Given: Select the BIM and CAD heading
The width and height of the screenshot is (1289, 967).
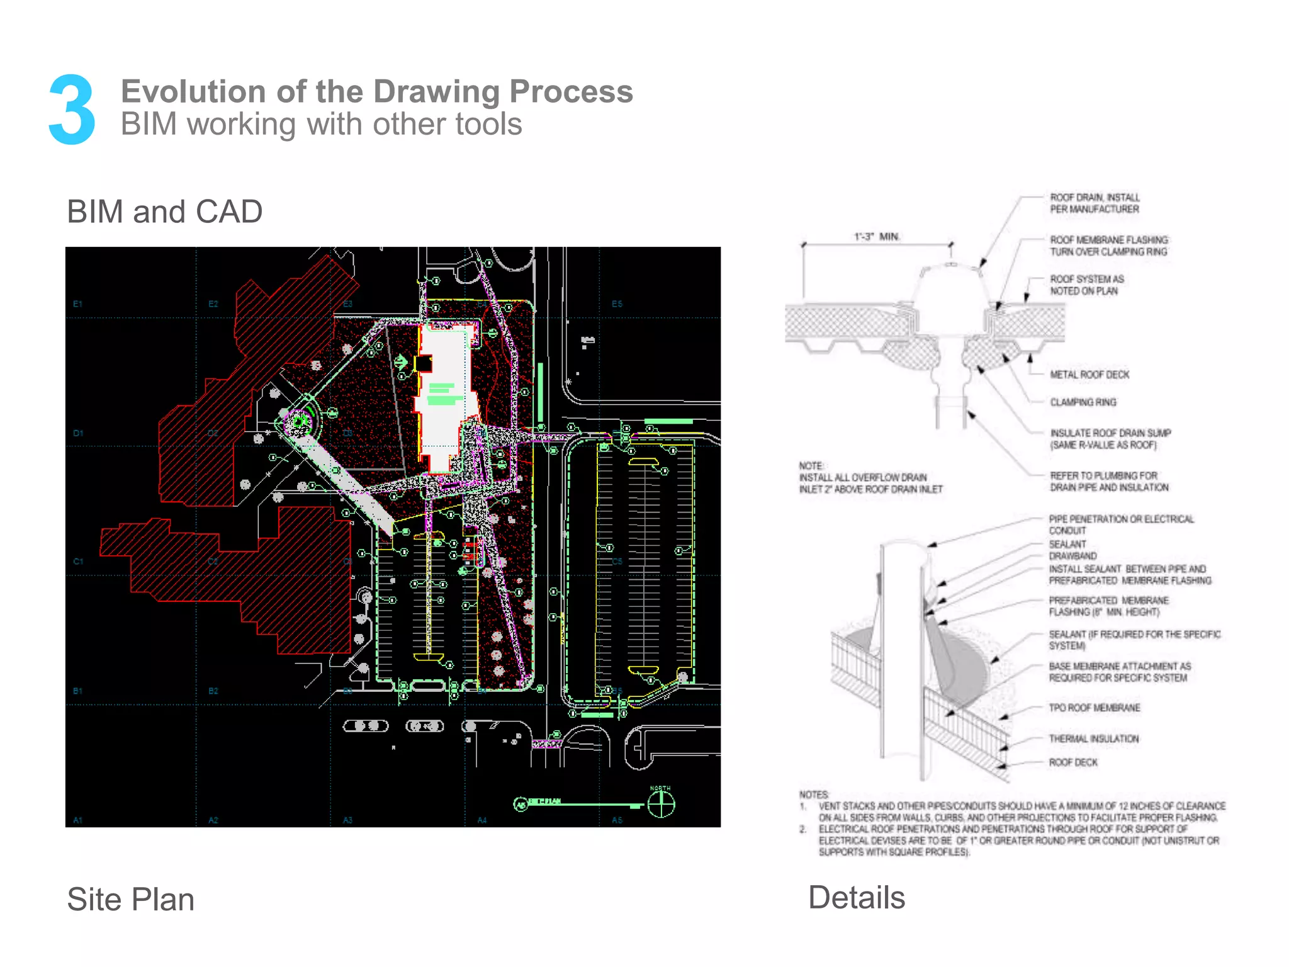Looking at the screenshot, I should (164, 212).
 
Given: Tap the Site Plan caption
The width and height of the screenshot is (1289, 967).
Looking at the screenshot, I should (130, 899).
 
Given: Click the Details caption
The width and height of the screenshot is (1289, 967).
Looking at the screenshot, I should (856, 897).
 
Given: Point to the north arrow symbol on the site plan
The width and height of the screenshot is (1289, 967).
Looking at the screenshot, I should (661, 804).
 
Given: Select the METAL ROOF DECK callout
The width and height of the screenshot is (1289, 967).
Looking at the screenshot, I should (1089, 375).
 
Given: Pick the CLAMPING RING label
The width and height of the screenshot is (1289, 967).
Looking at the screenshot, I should (1083, 402).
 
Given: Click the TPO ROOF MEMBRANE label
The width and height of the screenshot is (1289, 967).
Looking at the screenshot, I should (1094, 708).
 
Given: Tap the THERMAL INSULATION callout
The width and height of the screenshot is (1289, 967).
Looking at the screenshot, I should (1093, 738).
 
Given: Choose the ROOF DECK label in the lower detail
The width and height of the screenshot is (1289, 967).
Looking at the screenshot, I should (1072, 762).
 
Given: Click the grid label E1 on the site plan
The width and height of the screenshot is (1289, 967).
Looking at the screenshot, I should (78, 304).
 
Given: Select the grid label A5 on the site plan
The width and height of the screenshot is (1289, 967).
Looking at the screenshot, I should (617, 820).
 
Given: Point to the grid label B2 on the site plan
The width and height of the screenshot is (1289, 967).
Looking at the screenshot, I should (213, 691).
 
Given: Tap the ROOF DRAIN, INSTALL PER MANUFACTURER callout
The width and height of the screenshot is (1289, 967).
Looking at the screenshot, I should (1094, 203).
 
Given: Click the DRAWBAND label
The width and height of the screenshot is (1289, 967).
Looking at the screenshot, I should (1072, 556).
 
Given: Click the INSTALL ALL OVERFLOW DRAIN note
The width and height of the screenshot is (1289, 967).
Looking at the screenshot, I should (870, 483).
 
